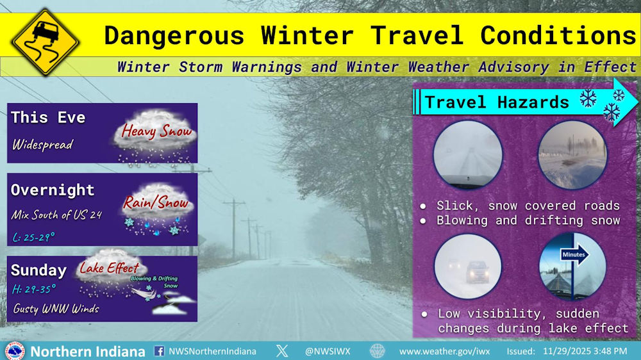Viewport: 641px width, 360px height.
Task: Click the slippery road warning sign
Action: pyautogui.click(x=45, y=42)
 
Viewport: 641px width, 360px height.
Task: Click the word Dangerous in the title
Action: pyautogui.click(x=174, y=35)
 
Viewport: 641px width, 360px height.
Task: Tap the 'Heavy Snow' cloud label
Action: pyautogui.click(x=156, y=131)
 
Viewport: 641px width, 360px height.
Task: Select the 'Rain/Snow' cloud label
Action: pyautogui.click(x=156, y=202)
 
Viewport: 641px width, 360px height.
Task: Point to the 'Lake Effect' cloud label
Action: pyautogui.click(x=109, y=268)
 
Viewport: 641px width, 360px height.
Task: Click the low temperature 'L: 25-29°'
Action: pyautogui.click(x=33, y=237)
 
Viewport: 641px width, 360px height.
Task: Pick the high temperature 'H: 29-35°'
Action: pyautogui.click(x=33, y=290)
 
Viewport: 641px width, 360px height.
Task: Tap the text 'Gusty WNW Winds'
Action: pyautogui.click(x=56, y=309)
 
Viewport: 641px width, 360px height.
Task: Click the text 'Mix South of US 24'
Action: pyautogui.click(x=56, y=215)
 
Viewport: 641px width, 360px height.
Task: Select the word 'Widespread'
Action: pyautogui.click(x=42, y=145)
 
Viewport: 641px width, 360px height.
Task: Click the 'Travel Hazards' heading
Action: pyautogui.click(x=497, y=102)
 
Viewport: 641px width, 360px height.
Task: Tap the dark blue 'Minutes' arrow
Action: pyautogui.click(x=574, y=255)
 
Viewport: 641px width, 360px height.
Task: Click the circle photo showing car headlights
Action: pyautogui.click(x=468, y=266)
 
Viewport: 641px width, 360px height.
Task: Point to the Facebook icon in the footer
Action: pyautogui.click(x=159, y=351)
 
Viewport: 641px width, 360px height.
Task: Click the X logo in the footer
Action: pyautogui.click(x=281, y=351)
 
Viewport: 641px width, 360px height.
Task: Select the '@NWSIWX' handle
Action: pyautogui.click(x=328, y=352)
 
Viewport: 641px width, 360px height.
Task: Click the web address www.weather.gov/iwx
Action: pyautogui.click(x=444, y=352)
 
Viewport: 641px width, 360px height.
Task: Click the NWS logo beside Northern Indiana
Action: pyautogui.click(x=15, y=351)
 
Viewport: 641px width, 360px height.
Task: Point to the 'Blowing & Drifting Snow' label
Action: pyautogui.click(x=154, y=282)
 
